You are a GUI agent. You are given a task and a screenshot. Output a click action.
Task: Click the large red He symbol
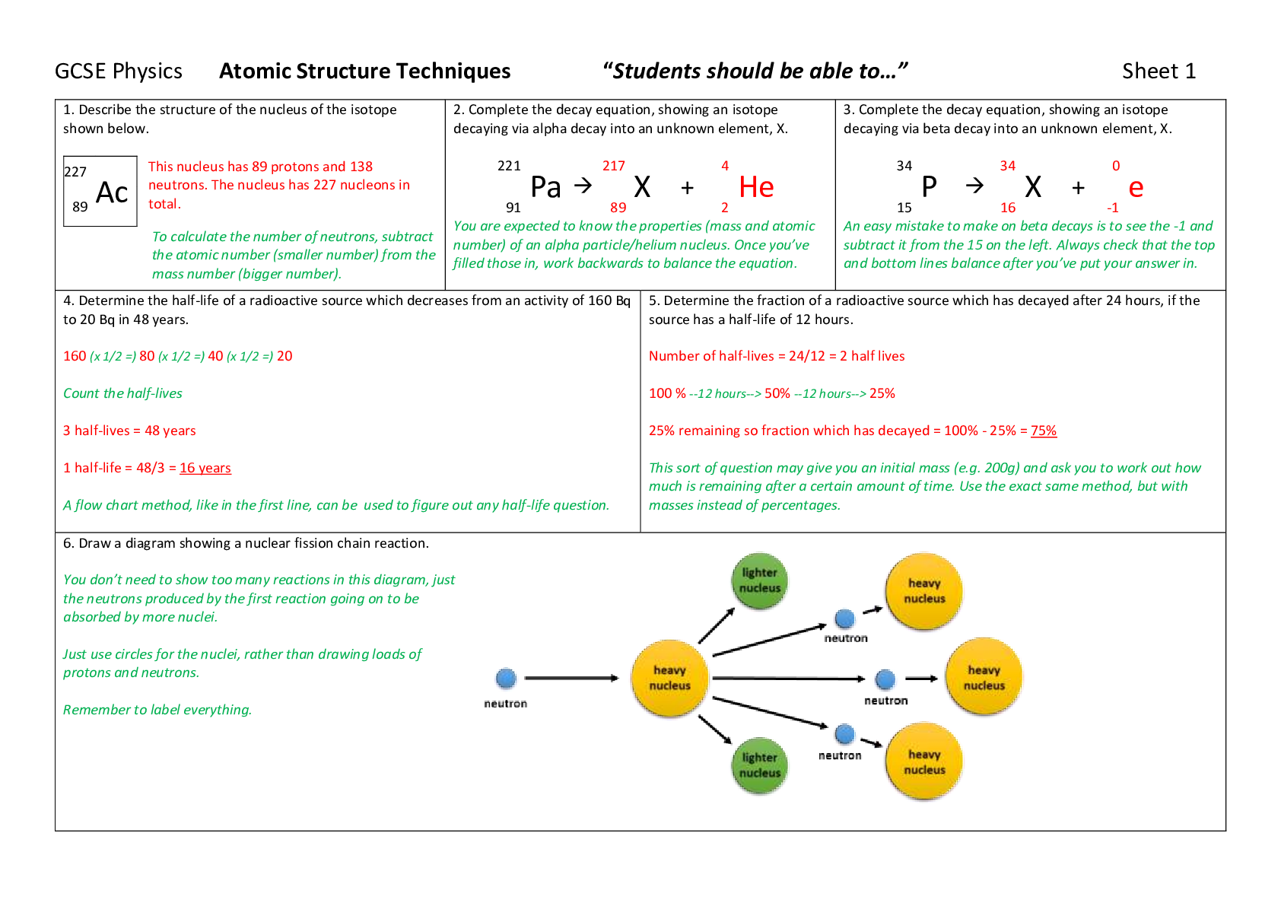point(756,187)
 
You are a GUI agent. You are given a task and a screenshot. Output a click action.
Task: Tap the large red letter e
point(1136,188)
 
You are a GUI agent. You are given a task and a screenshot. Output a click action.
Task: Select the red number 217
point(614,166)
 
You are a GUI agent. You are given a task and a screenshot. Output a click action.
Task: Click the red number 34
point(1007,166)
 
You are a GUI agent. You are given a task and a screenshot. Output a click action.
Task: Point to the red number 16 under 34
point(1007,208)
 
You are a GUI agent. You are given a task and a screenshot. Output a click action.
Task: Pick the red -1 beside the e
point(1113,208)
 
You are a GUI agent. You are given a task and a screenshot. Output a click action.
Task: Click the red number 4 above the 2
point(725,166)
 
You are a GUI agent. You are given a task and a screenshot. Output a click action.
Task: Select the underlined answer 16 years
point(205,468)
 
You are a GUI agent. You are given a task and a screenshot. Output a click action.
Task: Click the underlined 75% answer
point(1044,431)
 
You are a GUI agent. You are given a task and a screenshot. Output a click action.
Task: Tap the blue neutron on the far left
point(506,679)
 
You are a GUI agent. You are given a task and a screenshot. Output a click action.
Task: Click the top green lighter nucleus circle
point(760,581)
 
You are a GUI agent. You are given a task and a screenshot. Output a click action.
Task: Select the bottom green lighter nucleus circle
point(760,765)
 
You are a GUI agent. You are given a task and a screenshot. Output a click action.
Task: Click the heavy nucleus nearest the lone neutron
point(669,679)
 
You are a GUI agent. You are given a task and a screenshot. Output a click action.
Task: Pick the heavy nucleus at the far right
point(984,677)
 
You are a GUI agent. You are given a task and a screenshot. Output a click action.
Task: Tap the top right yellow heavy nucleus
point(924,591)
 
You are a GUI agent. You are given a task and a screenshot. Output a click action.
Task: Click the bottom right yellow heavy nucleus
point(924,762)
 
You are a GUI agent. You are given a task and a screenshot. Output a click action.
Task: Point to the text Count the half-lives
point(122,393)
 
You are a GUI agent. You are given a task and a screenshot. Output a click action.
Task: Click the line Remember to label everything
point(157,710)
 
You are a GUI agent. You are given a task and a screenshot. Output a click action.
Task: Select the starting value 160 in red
point(75,356)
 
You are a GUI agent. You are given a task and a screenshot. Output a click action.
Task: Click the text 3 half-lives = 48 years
point(129,431)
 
